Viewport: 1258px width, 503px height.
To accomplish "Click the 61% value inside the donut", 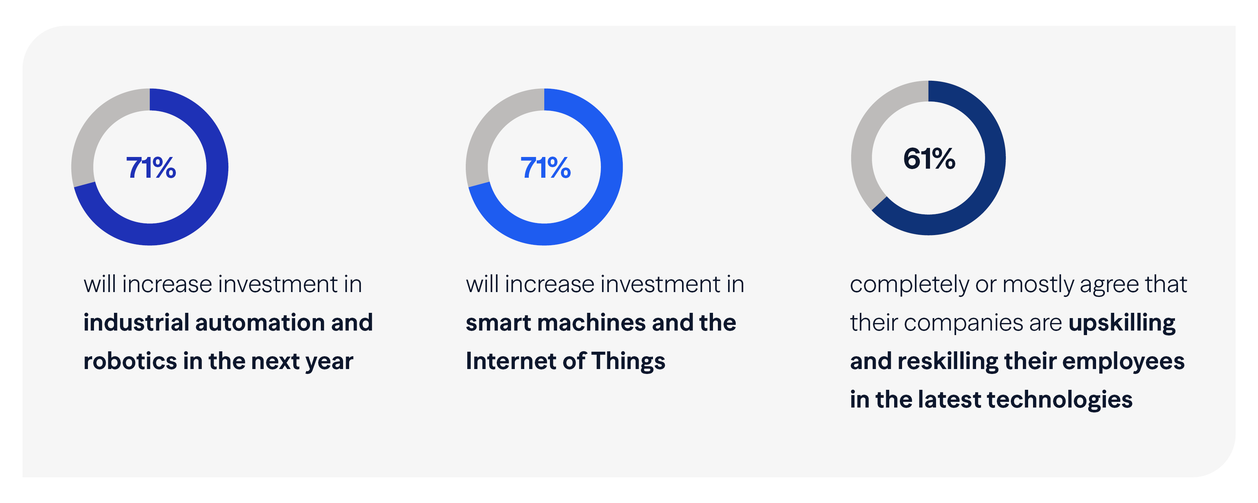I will [x=929, y=159].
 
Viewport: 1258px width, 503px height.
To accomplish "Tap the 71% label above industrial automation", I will [x=151, y=168].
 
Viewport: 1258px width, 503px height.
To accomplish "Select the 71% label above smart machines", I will [x=545, y=168].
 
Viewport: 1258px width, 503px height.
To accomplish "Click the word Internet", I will [x=510, y=361].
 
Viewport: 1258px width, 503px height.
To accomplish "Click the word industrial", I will [x=136, y=323].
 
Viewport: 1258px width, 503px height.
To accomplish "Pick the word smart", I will [x=497, y=323].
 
